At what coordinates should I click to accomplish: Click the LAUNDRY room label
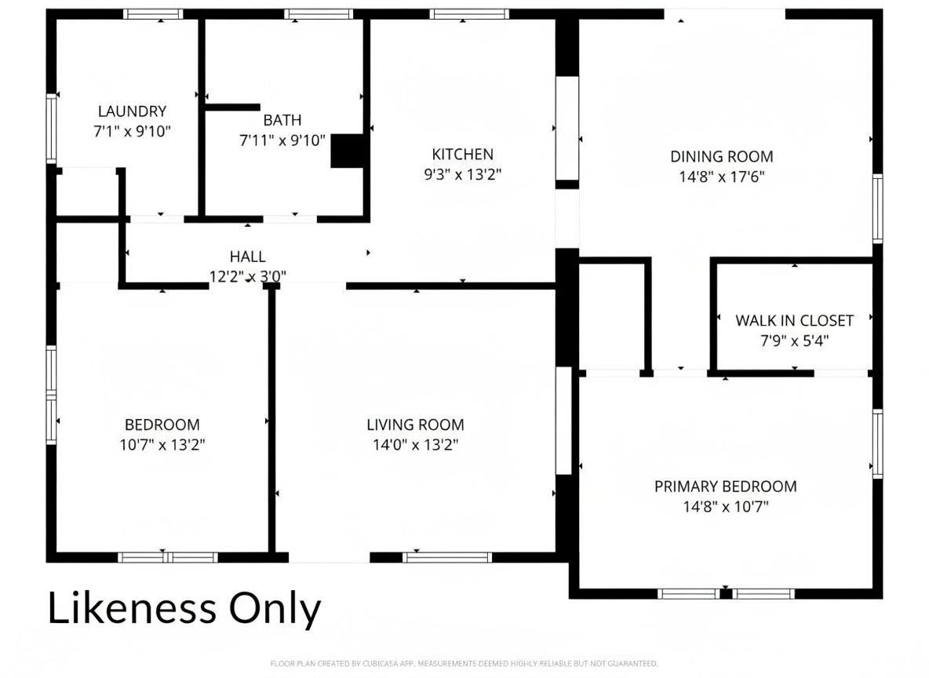tap(132, 111)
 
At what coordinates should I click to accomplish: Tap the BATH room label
tap(282, 120)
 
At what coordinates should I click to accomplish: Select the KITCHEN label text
tap(463, 155)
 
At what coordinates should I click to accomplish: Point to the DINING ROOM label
tap(722, 157)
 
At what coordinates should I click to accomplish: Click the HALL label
tap(248, 257)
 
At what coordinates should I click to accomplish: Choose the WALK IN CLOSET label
tap(795, 321)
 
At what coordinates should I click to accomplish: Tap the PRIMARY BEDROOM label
tap(725, 487)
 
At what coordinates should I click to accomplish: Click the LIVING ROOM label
tap(415, 425)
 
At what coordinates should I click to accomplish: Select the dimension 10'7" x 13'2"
tap(162, 445)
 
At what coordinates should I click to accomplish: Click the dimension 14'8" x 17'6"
tap(722, 177)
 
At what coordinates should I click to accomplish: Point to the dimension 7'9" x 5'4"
tap(795, 341)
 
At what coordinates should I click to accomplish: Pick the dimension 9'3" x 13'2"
tap(463, 175)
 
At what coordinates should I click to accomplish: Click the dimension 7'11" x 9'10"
tap(282, 140)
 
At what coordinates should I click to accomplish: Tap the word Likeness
tap(132, 609)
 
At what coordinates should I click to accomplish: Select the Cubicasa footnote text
tap(464, 664)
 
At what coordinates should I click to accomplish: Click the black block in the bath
tap(347, 151)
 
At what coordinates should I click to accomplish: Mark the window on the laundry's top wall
tap(153, 14)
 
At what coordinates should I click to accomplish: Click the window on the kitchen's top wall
tap(469, 14)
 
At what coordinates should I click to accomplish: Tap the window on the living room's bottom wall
tap(447, 557)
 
